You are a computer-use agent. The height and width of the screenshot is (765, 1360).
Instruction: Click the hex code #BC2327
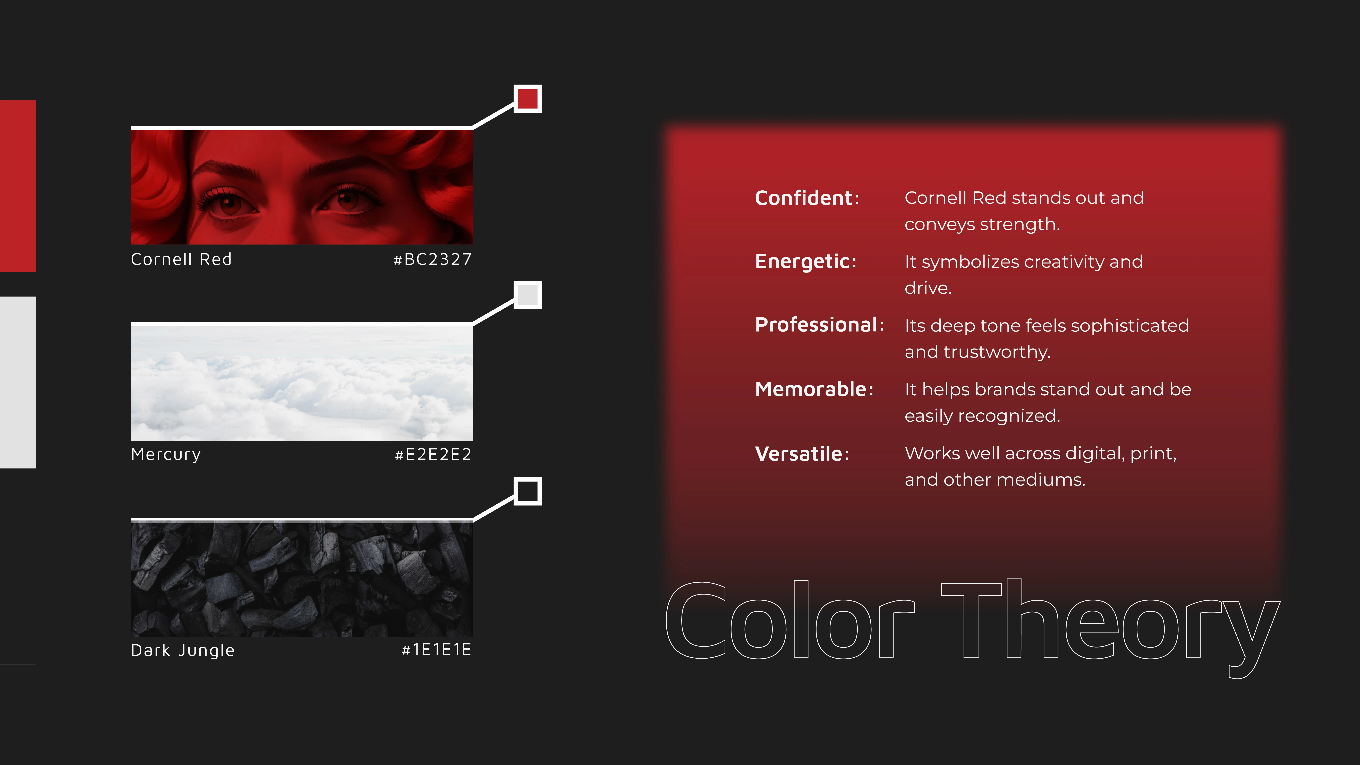pyautogui.click(x=432, y=259)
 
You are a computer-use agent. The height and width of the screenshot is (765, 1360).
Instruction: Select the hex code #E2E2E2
pyautogui.click(x=433, y=454)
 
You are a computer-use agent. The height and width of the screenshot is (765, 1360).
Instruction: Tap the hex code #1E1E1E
pyautogui.click(x=436, y=649)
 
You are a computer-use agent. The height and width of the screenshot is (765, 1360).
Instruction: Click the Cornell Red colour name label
pyautogui.click(x=181, y=259)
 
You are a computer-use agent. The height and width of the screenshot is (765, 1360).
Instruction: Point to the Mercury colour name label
pyautogui.click(x=166, y=454)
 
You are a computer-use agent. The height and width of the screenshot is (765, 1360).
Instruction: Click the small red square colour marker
pyautogui.click(x=527, y=99)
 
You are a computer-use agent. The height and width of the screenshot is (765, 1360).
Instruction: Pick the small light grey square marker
pyautogui.click(x=527, y=295)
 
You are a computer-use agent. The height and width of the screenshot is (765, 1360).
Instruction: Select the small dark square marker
pyautogui.click(x=527, y=491)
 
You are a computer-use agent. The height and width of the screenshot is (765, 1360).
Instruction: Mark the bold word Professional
pyautogui.click(x=816, y=325)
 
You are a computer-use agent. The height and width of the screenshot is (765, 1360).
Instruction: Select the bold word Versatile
pyautogui.click(x=798, y=454)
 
